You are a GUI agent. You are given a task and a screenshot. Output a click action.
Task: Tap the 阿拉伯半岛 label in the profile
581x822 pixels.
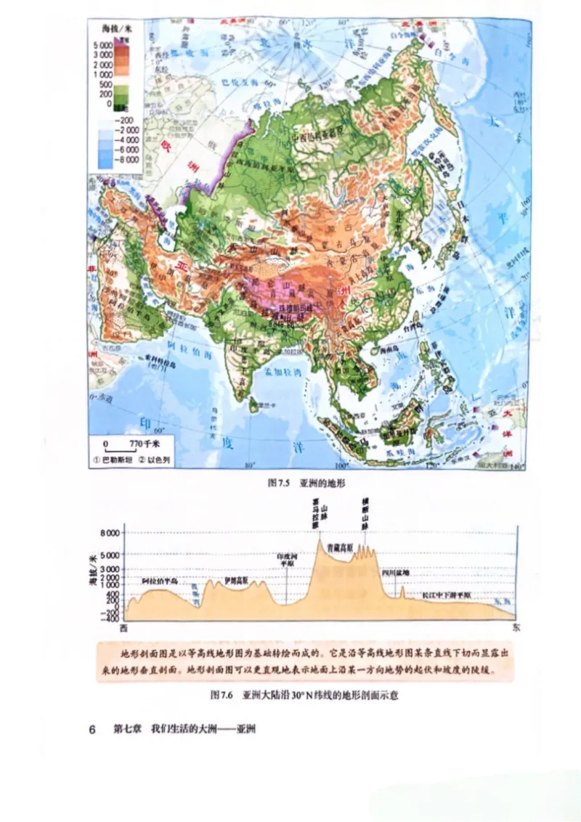point(159,582)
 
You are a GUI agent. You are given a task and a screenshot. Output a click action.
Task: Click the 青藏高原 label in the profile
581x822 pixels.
point(339,546)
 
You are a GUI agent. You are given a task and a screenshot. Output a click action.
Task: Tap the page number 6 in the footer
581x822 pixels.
point(92,728)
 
